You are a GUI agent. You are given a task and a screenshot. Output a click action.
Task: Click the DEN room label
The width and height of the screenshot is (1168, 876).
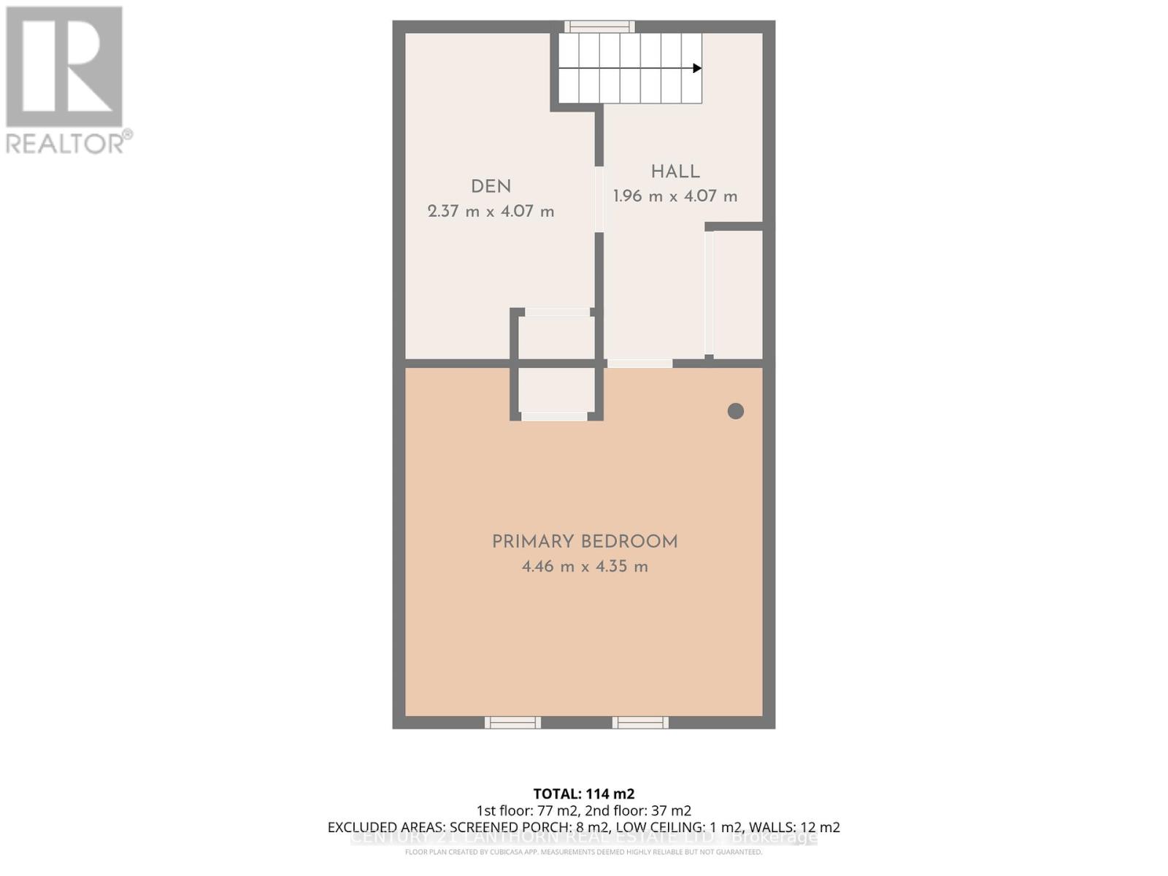491,187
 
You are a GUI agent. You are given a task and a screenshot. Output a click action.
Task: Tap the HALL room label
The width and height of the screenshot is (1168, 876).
675,172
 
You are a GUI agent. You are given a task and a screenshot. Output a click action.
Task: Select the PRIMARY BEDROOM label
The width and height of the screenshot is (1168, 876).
585,542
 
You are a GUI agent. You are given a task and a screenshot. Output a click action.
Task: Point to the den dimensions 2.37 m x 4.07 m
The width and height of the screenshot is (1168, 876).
491,212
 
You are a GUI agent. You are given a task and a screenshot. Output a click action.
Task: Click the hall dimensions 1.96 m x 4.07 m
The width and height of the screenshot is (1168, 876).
675,196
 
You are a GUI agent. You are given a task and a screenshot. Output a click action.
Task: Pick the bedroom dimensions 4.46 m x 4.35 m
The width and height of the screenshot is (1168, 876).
585,566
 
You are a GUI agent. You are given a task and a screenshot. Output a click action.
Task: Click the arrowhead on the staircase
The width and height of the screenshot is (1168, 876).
697,68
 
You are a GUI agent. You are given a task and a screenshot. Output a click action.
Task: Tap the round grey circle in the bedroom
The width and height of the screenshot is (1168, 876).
736,411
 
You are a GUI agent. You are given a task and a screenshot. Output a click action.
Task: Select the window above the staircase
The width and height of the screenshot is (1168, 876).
599,27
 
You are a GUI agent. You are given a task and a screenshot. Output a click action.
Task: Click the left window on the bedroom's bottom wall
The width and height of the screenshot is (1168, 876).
512,723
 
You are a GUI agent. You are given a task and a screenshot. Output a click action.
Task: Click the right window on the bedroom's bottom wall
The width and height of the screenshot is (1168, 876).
640,723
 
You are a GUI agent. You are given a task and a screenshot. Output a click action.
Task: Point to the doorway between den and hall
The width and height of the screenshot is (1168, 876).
599,199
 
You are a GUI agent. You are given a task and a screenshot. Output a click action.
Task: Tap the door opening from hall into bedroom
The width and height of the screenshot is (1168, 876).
639,364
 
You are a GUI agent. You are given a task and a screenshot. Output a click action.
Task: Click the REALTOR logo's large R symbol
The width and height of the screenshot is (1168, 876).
64,67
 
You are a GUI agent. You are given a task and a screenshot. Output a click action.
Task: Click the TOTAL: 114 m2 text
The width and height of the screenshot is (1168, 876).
584,794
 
